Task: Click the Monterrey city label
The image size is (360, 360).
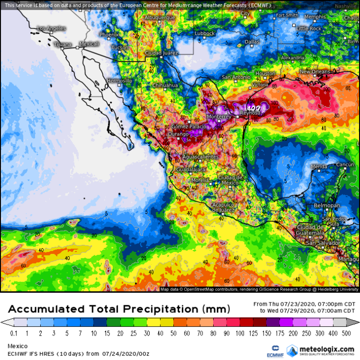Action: (x=219, y=117)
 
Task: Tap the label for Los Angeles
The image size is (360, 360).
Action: (x=51, y=28)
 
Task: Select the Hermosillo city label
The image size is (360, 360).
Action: (x=119, y=81)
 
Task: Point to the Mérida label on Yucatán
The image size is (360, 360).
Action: (x=319, y=167)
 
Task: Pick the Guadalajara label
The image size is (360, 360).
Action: (x=191, y=170)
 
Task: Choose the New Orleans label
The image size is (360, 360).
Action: (x=315, y=72)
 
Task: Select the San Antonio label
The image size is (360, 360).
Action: (x=236, y=77)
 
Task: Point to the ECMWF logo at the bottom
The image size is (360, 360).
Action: (x=276, y=350)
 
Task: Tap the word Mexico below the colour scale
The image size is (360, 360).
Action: (x=17, y=346)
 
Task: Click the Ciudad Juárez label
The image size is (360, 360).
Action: (x=161, y=52)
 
